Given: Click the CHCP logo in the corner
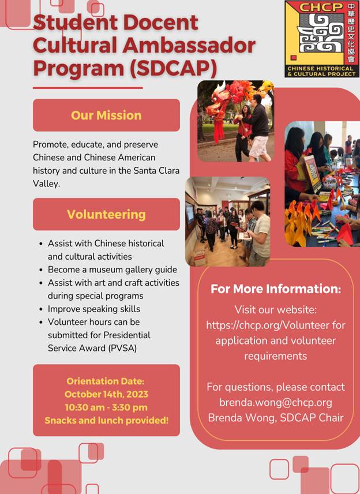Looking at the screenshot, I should coord(321,39).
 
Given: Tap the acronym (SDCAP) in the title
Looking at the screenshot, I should coord(174,67).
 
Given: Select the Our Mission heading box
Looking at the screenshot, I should coord(106,115).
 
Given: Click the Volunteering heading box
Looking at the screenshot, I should coord(106,214).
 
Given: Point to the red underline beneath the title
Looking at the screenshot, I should coord(88,88).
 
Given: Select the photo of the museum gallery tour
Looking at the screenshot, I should coord(227,222).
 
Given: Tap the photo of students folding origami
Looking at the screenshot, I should coord(322,184).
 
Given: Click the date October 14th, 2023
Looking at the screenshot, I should coord(106,395).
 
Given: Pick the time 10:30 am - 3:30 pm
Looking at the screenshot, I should coord(106,407).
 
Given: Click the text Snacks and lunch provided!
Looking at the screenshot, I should coord(107,420).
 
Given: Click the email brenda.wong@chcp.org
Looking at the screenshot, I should coord(275,402).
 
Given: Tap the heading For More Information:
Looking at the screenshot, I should coord(275,289).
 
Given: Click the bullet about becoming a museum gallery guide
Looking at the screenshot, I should coord(112,270).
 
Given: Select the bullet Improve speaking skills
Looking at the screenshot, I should coord(94,309).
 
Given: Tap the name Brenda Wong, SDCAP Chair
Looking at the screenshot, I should coord(275,417).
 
